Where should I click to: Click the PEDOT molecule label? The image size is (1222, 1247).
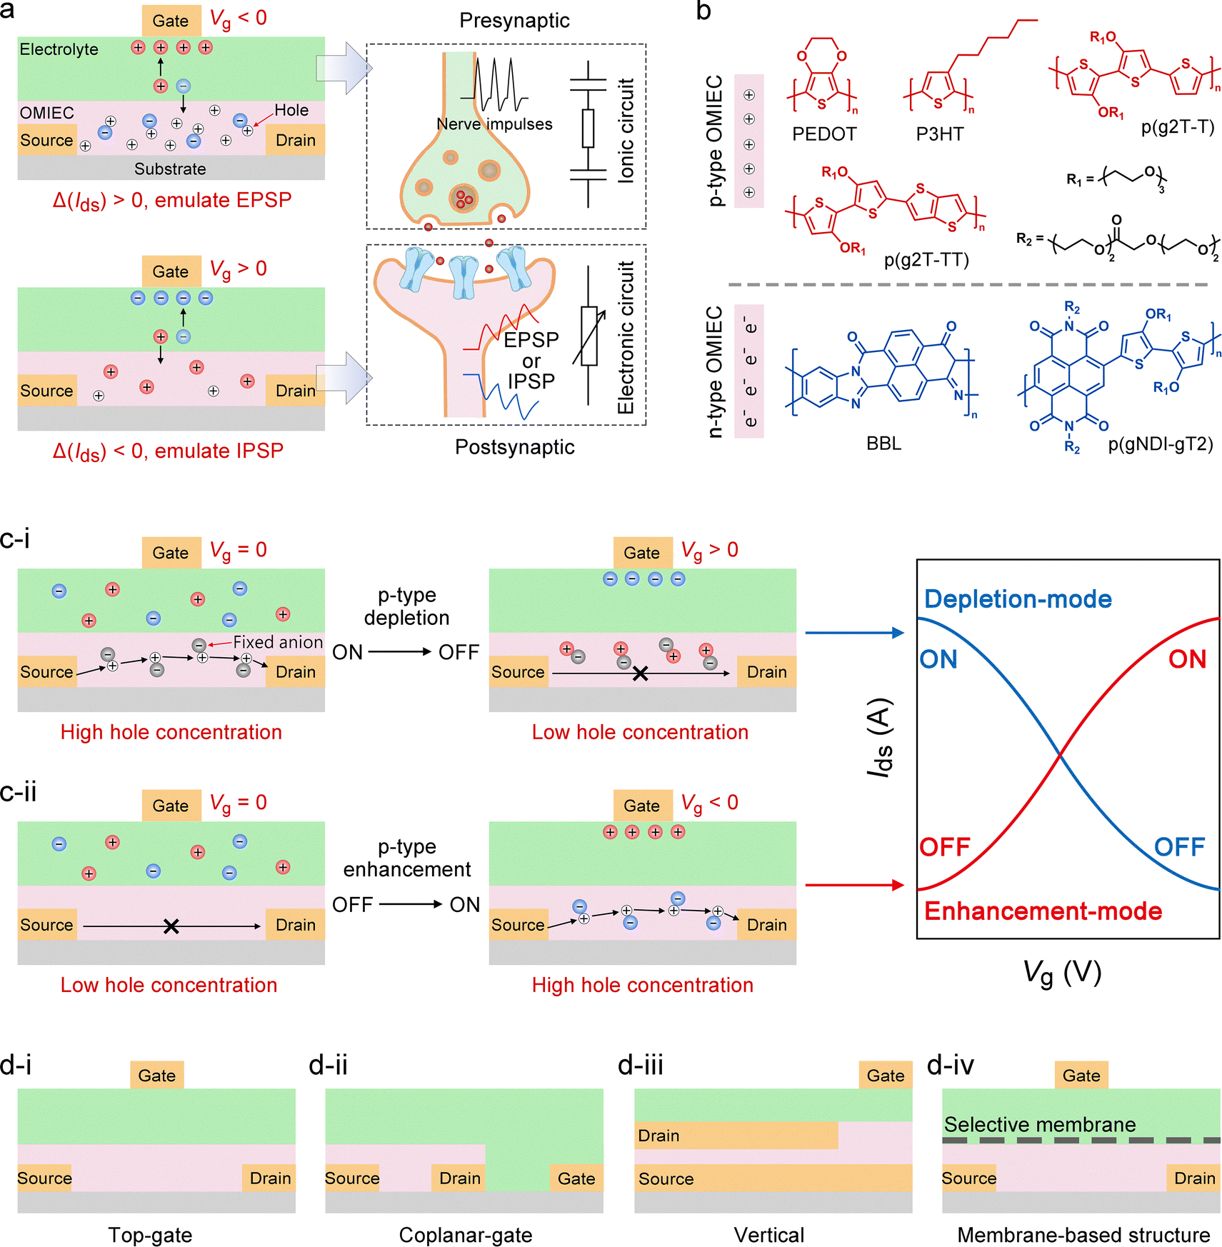823,134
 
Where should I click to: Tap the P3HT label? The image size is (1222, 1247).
939,134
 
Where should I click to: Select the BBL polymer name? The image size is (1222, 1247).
883,444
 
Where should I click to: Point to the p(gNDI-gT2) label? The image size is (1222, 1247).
1160,444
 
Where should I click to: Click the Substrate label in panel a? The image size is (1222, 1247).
170,169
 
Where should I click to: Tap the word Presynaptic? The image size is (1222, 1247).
514,21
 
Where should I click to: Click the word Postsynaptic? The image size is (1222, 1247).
514,447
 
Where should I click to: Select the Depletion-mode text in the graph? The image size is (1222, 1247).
1018,599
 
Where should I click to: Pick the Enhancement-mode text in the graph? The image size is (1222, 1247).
1043,911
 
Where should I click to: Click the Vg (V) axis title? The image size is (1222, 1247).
1062,973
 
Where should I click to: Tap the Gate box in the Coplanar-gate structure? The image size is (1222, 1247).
576,1178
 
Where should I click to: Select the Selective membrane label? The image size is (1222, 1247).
1039,1125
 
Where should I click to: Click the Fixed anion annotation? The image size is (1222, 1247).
278,642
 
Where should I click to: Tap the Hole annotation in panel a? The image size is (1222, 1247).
291,111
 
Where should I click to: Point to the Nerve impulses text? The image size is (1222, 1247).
494,124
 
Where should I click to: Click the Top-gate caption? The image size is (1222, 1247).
150,1235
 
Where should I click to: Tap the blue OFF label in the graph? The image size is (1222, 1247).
1179,847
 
